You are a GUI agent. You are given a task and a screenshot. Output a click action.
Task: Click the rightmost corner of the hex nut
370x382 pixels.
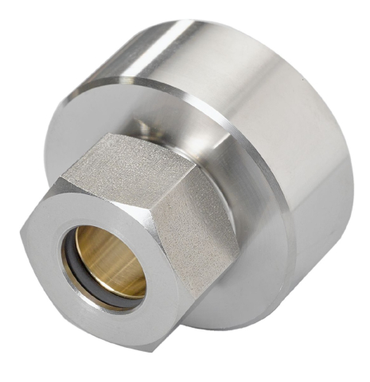click(x=240, y=239)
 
